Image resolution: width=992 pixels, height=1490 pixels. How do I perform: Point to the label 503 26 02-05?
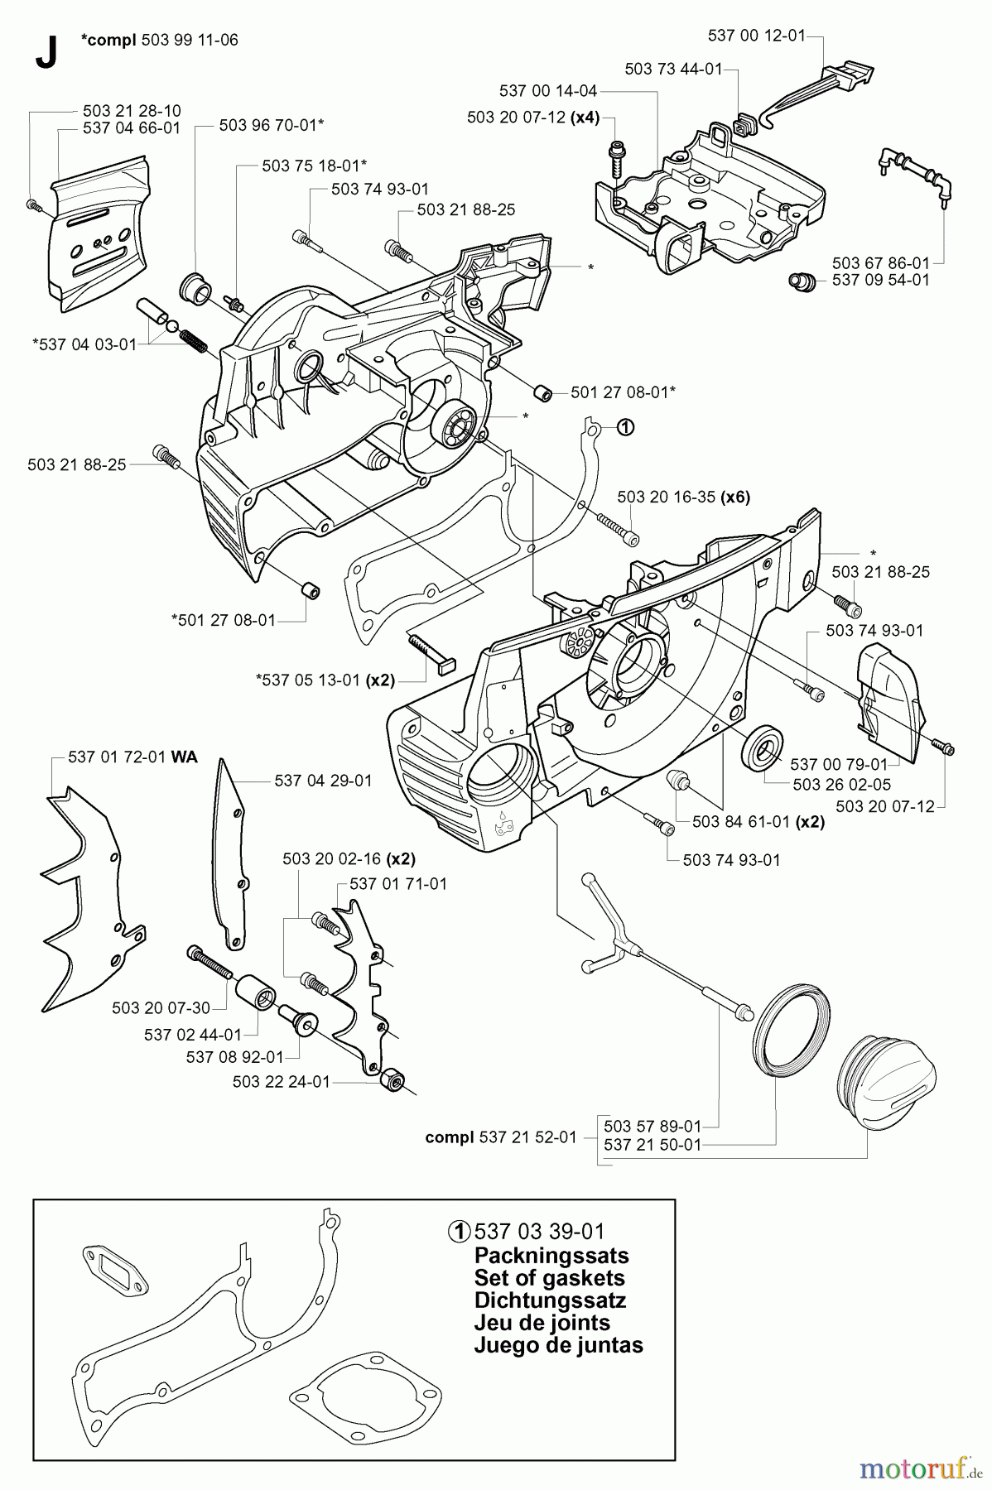pyautogui.click(x=842, y=784)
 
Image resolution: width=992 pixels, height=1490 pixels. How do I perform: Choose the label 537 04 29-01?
pyautogui.click(x=323, y=781)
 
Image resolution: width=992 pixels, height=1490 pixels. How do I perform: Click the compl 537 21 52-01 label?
pyautogui.click(x=501, y=1137)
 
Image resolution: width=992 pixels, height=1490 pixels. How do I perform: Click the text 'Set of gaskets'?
pyautogui.click(x=549, y=1277)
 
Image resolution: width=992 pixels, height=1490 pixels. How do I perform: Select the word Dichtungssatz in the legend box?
pyautogui.click(x=550, y=1300)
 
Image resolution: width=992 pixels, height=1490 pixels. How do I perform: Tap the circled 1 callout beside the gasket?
pyautogui.click(x=624, y=427)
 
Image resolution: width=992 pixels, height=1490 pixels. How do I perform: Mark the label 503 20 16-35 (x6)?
pyautogui.click(x=683, y=497)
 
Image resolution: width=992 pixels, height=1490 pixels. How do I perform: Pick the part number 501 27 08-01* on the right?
pyautogui.click(x=623, y=392)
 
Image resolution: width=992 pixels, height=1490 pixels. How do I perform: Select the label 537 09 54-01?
pyautogui.click(x=880, y=280)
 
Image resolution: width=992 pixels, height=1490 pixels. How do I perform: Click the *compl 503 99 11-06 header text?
pyautogui.click(x=160, y=39)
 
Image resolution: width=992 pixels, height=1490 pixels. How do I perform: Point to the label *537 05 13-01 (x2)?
pyautogui.click(x=325, y=680)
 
